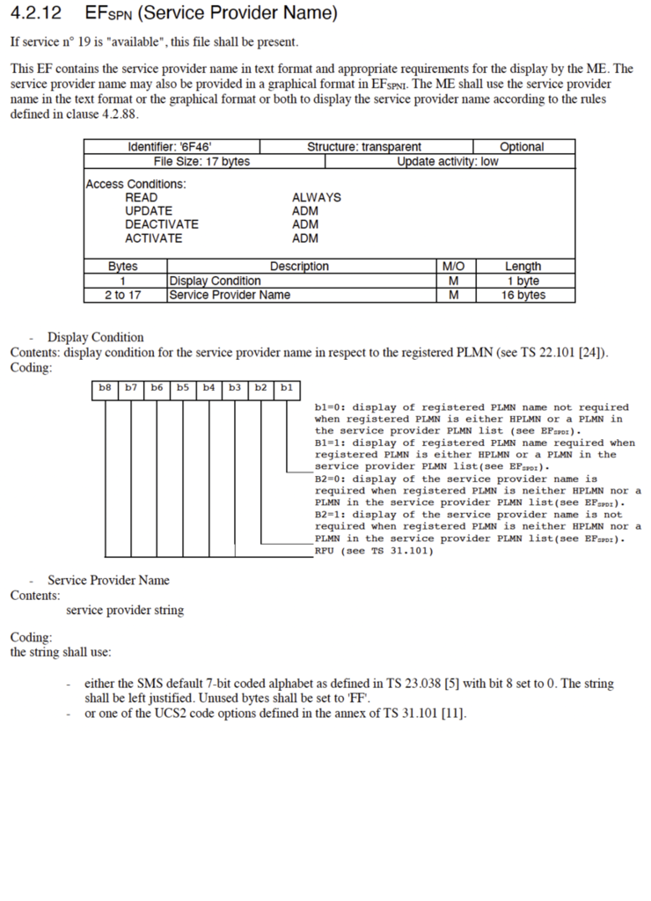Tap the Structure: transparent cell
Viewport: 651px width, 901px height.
(364, 147)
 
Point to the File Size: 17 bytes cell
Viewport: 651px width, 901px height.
(201, 161)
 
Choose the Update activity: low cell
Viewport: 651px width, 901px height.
(447, 161)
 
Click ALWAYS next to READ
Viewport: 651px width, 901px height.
(316, 197)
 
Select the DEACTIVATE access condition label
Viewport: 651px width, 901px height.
(162, 224)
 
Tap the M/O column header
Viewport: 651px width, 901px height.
(453, 266)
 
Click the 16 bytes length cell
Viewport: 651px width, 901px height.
(523, 295)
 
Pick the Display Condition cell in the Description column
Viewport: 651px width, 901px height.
(215, 281)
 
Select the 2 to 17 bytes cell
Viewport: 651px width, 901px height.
(122, 295)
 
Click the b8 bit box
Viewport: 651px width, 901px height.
(106, 387)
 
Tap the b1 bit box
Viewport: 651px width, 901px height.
(287, 387)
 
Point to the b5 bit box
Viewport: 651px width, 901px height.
(183, 387)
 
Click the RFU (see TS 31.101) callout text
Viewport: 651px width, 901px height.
(374, 551)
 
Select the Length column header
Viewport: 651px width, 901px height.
(523, 266)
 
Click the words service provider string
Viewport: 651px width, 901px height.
(125, 610)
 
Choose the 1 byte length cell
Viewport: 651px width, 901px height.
(523, 281)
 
